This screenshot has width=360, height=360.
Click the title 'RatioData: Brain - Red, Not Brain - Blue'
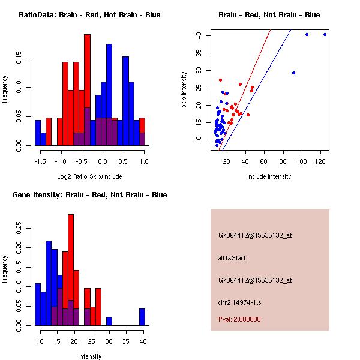pyautogui.click(x=89, y=15)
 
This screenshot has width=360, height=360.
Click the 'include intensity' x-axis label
pyautogui.click(x=269, y=176)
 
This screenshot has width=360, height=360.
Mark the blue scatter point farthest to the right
pyautogui.click(x=325, y=34)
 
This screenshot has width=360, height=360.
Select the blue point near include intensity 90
pyautogui.click(x=293, y=73)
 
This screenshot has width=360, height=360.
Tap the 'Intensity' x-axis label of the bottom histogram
pyautogui.click(x=90, y=356)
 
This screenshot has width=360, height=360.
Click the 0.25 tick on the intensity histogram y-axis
pyautogui.click(x=25, y=228)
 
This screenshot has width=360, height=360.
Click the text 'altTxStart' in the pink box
pyautogui.click(x=233, y=258)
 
